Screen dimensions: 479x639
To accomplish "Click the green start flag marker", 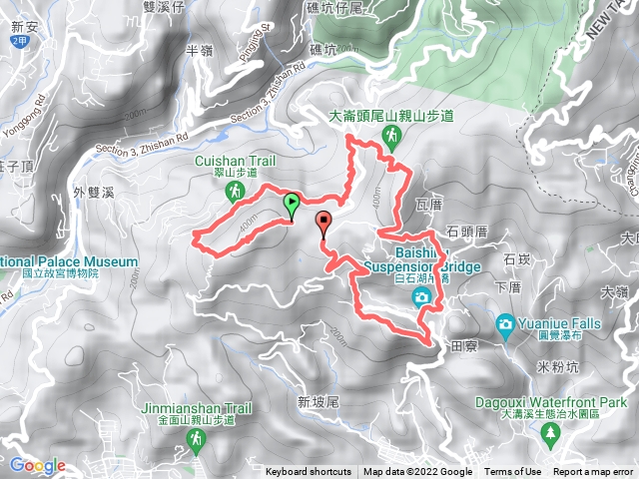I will [x=291, y=205].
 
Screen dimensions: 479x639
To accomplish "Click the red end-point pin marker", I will [x=322, y=223].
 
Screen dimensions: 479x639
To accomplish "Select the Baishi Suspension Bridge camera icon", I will [x=422, y=297].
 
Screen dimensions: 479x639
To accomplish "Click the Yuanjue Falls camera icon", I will [x=506, y=323].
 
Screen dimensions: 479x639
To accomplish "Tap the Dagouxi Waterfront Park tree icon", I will [x=550, y=433].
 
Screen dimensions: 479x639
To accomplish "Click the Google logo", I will [x=37, y=465].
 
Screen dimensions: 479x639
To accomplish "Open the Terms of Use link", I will [x=514, y=472].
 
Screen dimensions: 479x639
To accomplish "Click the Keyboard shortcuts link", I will [x=309, y=472].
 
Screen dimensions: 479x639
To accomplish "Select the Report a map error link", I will [x=594, y=472].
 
